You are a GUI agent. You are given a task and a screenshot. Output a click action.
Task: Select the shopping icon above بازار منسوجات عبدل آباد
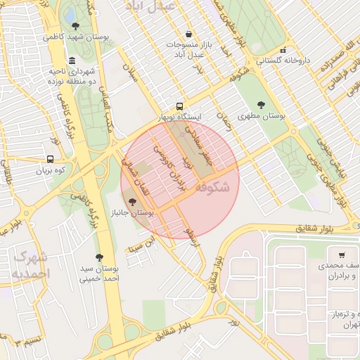(188, 34)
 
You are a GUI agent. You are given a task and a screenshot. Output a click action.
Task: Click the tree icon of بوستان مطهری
(262, 105)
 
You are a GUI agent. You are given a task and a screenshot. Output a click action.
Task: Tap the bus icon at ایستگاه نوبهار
(181, 105)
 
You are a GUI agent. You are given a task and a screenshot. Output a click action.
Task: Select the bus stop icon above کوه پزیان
(50, 160)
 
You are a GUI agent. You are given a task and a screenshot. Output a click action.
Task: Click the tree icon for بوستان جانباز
(134, 202)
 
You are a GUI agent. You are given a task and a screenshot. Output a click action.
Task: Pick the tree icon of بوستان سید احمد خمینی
(98, 257)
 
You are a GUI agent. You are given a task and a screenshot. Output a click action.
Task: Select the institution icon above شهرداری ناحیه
(73, 60)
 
